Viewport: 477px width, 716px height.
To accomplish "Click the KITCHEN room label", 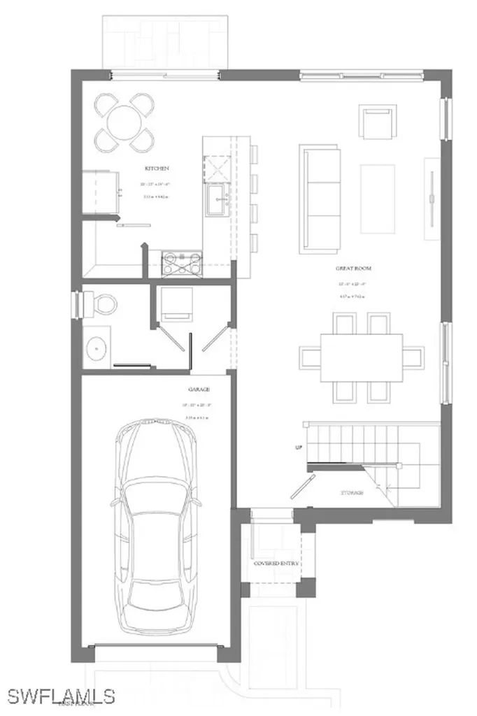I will click(157, 169).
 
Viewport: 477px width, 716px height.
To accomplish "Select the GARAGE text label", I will click(199, 389).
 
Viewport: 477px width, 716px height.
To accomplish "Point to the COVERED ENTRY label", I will click(276, 563).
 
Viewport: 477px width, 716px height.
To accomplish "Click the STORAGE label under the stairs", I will click(352, 493).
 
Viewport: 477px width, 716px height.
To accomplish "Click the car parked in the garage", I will click(156, 524).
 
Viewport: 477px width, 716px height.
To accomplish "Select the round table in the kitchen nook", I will click(125, 122).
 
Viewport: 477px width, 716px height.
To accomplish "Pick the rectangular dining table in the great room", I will click(362, 357).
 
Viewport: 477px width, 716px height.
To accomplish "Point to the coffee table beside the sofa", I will click(378, 199).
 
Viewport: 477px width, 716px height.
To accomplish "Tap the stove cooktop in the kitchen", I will click(182, 264).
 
